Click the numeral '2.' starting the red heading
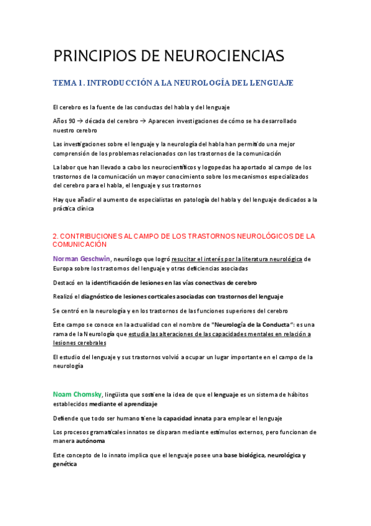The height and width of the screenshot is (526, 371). coord(56,236)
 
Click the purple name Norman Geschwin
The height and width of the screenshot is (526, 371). coord(82,259)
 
